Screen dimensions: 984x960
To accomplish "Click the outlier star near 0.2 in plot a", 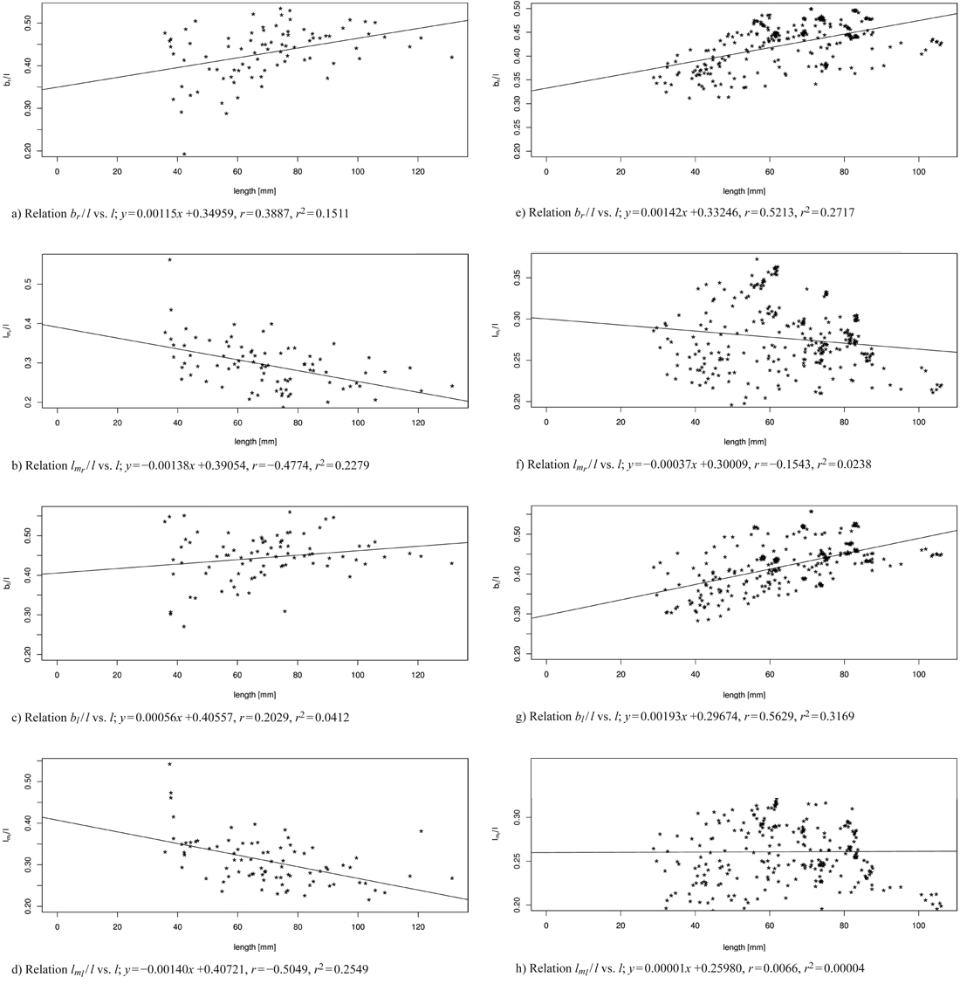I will [x=184, y=154].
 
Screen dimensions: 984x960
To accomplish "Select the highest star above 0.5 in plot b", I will [x=170, y=260].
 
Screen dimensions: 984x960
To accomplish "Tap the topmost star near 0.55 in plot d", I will [x=170, y=764].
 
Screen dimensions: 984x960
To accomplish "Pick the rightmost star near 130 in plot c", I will [x=451, y=563].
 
